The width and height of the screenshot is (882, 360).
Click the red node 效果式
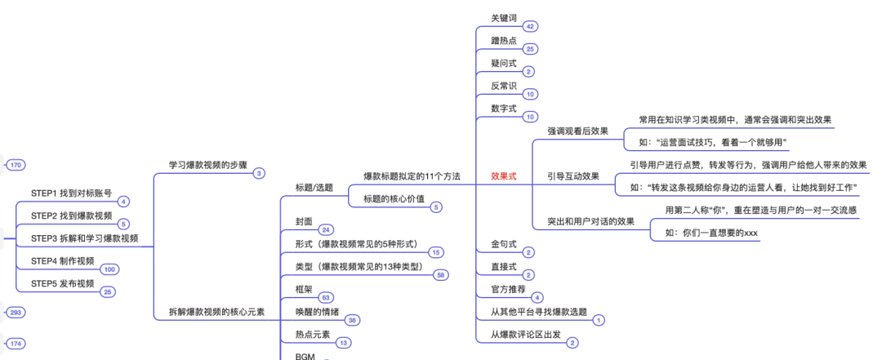(503, 176)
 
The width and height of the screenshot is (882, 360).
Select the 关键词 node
(503, 17)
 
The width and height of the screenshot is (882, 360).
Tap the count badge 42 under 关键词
(530, 27)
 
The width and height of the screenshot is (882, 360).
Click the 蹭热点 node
(503, 40)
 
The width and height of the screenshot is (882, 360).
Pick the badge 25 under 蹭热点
(530, 50)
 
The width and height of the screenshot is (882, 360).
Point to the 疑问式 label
(503, 63)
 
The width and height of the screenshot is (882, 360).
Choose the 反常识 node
(503, 86)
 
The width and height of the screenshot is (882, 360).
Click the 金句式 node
(503, 244)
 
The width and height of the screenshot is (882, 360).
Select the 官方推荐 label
(508, 289)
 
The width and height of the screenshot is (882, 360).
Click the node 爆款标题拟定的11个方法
(412, 176)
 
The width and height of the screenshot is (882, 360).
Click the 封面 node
(304, 221)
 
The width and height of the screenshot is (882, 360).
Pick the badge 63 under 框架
(326, 298)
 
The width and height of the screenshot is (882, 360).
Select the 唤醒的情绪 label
(319, 311)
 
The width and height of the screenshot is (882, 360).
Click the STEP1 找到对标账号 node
(71, 193)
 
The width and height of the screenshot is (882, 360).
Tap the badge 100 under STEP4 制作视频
(109, 269)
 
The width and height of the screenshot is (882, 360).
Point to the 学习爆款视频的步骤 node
(207, 164)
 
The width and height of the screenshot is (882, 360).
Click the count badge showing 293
(15, 313)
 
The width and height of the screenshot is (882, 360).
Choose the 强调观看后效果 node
(577, 131)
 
